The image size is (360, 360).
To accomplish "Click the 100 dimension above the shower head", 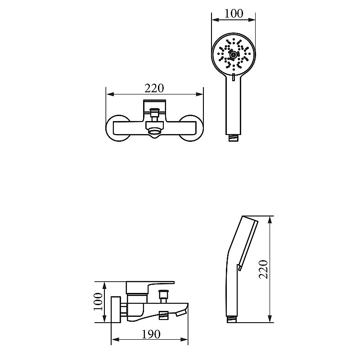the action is coord(234,13).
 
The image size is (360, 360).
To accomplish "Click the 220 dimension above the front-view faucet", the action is coord(154,88).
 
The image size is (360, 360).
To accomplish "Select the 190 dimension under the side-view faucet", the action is coord(151,334).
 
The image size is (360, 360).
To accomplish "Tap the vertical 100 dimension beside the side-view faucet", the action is coord(98,301).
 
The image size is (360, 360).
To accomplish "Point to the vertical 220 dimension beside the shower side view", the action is coord(264,269).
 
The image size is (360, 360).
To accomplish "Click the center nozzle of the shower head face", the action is coord(234,54).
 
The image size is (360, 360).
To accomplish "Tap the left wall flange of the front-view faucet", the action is coord(117,128).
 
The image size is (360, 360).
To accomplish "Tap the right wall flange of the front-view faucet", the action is coord(191,128).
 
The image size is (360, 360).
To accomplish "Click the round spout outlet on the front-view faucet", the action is coord(154,131).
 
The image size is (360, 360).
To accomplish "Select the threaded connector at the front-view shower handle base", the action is coord(234,138).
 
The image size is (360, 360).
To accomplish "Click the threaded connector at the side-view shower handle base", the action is coord(232,319).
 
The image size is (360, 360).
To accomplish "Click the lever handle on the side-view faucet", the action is coord(150,287).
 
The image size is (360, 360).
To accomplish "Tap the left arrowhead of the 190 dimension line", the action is coord(115,339).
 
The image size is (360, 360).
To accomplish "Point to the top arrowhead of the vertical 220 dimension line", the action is coord(270,220).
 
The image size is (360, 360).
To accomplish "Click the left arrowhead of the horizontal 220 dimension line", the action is coord(110,94).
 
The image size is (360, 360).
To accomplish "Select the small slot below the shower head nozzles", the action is coord(234,77).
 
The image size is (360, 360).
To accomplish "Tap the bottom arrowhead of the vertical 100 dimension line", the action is coord(104,318).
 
